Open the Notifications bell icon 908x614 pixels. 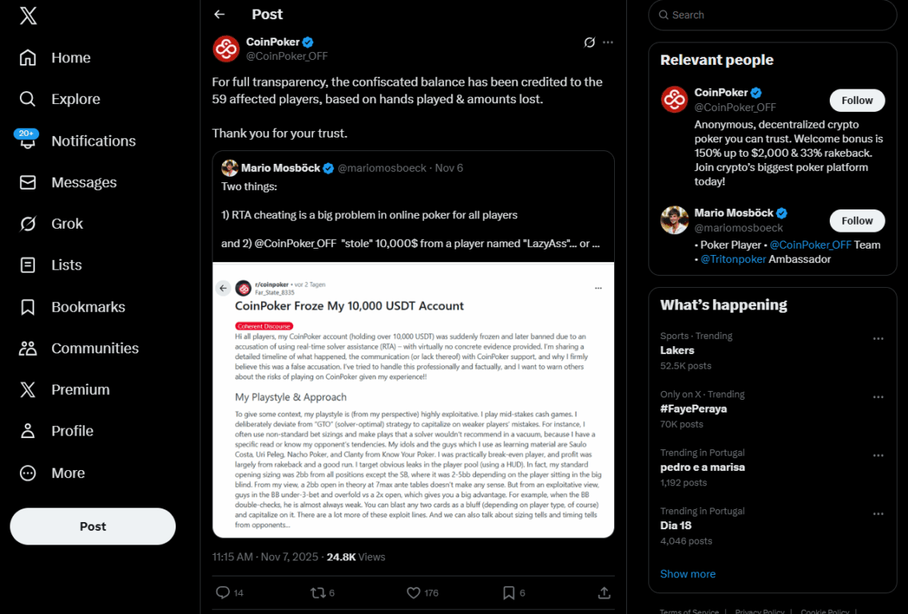click(x=28, y=142)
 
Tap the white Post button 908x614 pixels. click(x=93, y=526)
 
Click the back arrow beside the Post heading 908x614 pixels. click(x=220, y=14)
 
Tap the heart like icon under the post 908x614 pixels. click(x=414, y=592)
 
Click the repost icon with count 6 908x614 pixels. click(x=318, y=592)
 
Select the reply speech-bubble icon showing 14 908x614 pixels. click(x=224, y=592)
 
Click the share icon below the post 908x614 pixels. click(x=605, y=592)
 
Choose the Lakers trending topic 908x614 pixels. click(x=677, y=350)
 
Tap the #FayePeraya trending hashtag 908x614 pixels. click(x=693, y=409)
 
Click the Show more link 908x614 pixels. click(x=688, y=574)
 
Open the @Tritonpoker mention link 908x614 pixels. click(x=732, y=259)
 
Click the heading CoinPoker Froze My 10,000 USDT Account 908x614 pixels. click(x=349, y=305)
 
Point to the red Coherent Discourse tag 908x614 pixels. click(x=264, y=326)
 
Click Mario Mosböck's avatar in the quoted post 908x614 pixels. click(x=230, y=168)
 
